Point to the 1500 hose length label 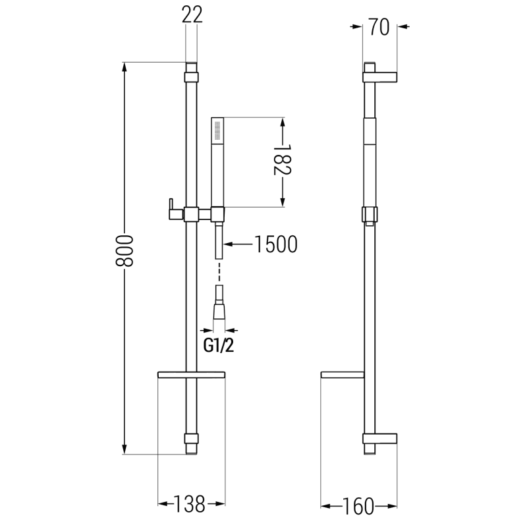click(x=274, y=244)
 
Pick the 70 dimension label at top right click(x=381, y=27)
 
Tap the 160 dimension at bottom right click(x=359, y=506)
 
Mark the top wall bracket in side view click(x=380, y=73)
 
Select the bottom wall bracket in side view click(x=380, y=439)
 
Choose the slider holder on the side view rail click(x=370, y=215)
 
